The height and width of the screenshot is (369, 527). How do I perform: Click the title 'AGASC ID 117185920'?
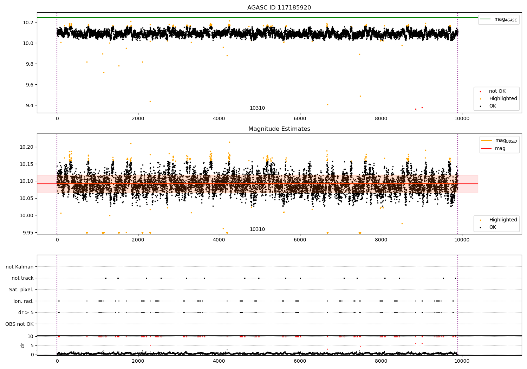279,8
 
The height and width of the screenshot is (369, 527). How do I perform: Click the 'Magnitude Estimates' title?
279,129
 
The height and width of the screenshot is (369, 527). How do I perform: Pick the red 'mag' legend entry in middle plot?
500,148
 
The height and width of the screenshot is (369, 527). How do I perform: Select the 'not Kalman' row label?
20,267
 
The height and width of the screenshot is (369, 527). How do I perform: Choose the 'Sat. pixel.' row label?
21,290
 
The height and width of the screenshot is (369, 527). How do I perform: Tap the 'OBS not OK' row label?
20,324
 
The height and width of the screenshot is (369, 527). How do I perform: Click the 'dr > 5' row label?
26,312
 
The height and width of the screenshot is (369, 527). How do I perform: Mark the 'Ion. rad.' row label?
24,301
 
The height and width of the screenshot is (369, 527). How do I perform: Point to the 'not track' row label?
22,278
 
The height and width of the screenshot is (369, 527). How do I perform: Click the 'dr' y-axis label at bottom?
23,345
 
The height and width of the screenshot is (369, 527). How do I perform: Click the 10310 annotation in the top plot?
257,108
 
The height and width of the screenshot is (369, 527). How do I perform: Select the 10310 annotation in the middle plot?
257,229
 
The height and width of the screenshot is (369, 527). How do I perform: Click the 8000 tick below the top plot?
381,119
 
